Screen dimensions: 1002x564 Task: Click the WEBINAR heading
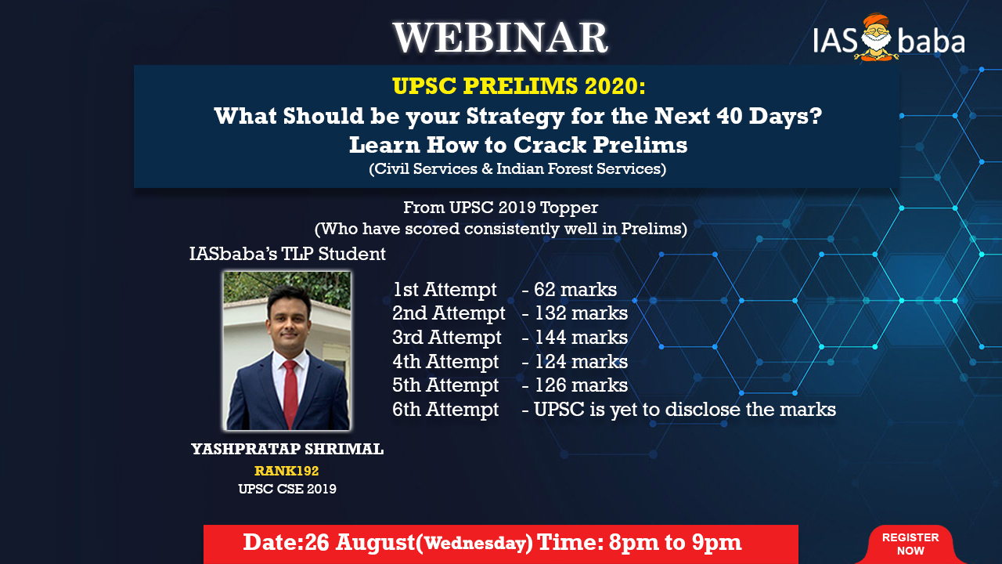point(500,38)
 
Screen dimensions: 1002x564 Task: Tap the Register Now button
point(910,544)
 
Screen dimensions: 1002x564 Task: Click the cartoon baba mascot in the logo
point(877,38)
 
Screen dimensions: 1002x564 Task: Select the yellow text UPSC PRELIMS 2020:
point(519,86)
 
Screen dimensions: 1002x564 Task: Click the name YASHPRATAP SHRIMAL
point(287,449)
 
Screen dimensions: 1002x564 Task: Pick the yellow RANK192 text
point(287,471)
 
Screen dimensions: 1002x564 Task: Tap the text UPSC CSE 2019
point(287,489)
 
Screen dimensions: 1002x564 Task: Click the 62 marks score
point(575,290)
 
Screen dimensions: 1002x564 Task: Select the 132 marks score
point(581,313)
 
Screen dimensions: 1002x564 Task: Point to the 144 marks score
point(581,338)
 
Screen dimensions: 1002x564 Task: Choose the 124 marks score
point(581,362)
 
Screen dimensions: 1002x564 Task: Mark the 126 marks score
point(581,385)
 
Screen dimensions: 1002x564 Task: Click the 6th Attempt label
point(445,410)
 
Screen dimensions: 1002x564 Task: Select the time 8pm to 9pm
point(675,543)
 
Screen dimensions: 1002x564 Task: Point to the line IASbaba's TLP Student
point(287,255)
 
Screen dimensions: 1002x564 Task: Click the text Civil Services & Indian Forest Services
point(517,168)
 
